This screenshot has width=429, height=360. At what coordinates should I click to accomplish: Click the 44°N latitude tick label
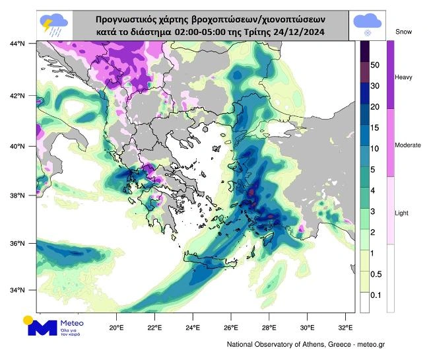pos(17,44)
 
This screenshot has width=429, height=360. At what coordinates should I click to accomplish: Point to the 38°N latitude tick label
pos(17,196)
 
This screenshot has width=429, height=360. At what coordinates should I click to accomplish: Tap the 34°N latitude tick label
pos(17,291)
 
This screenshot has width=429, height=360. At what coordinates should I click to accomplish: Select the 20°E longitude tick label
pos(117,326)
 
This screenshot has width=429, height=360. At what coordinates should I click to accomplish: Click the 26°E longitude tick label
pos(230,326)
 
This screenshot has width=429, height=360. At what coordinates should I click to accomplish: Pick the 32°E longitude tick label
pos(345,326)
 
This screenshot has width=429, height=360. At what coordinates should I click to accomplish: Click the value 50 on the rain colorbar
pos(374,65)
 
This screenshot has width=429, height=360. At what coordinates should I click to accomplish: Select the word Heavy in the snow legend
pos(403,77)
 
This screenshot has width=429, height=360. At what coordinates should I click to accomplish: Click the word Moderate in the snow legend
pos(407,145)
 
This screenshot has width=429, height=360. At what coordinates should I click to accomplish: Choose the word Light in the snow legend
pos(402,213)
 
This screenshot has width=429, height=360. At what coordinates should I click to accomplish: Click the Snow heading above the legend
pos(403,31)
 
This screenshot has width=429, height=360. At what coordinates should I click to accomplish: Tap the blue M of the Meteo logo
pos(46,328)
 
